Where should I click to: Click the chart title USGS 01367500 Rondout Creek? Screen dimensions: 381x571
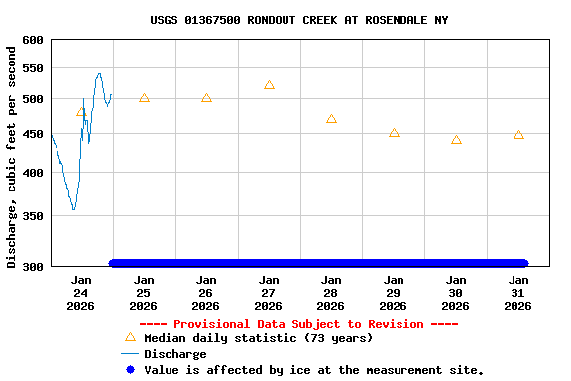[x=299, y=20]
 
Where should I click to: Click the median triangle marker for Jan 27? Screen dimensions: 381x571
[x=269, y=85]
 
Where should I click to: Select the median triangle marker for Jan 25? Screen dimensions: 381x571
[x=144, y=98]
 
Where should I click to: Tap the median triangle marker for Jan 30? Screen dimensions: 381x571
[x=456, y=140]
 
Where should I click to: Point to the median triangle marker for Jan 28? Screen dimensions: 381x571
[x=331, y=119]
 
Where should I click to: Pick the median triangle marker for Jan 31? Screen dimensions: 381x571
[x=518, y=135]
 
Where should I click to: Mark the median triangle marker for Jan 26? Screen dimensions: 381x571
[x=206, y=98]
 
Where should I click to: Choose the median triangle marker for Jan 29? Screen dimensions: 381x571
[x=394, y=133]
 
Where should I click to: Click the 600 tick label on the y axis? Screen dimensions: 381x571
[x=33, y=40]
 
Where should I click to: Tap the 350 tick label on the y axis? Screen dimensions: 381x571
[x=33, y=215]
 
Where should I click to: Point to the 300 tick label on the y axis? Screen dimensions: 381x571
[x=33, y=266]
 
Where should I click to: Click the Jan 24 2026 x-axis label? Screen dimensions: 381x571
[x=81, y=293]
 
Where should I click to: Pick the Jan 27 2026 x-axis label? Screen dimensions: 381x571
[x=269, y=293]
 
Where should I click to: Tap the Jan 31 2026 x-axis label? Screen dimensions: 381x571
[x=518, y=293]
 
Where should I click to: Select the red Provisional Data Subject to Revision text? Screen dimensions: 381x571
[x=298, y=324]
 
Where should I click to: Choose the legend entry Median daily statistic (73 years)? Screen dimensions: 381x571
[x=258, y=338]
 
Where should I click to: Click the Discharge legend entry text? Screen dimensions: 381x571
[x=175, y=354]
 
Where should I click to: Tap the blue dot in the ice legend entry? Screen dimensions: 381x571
[x=130, y=369]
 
